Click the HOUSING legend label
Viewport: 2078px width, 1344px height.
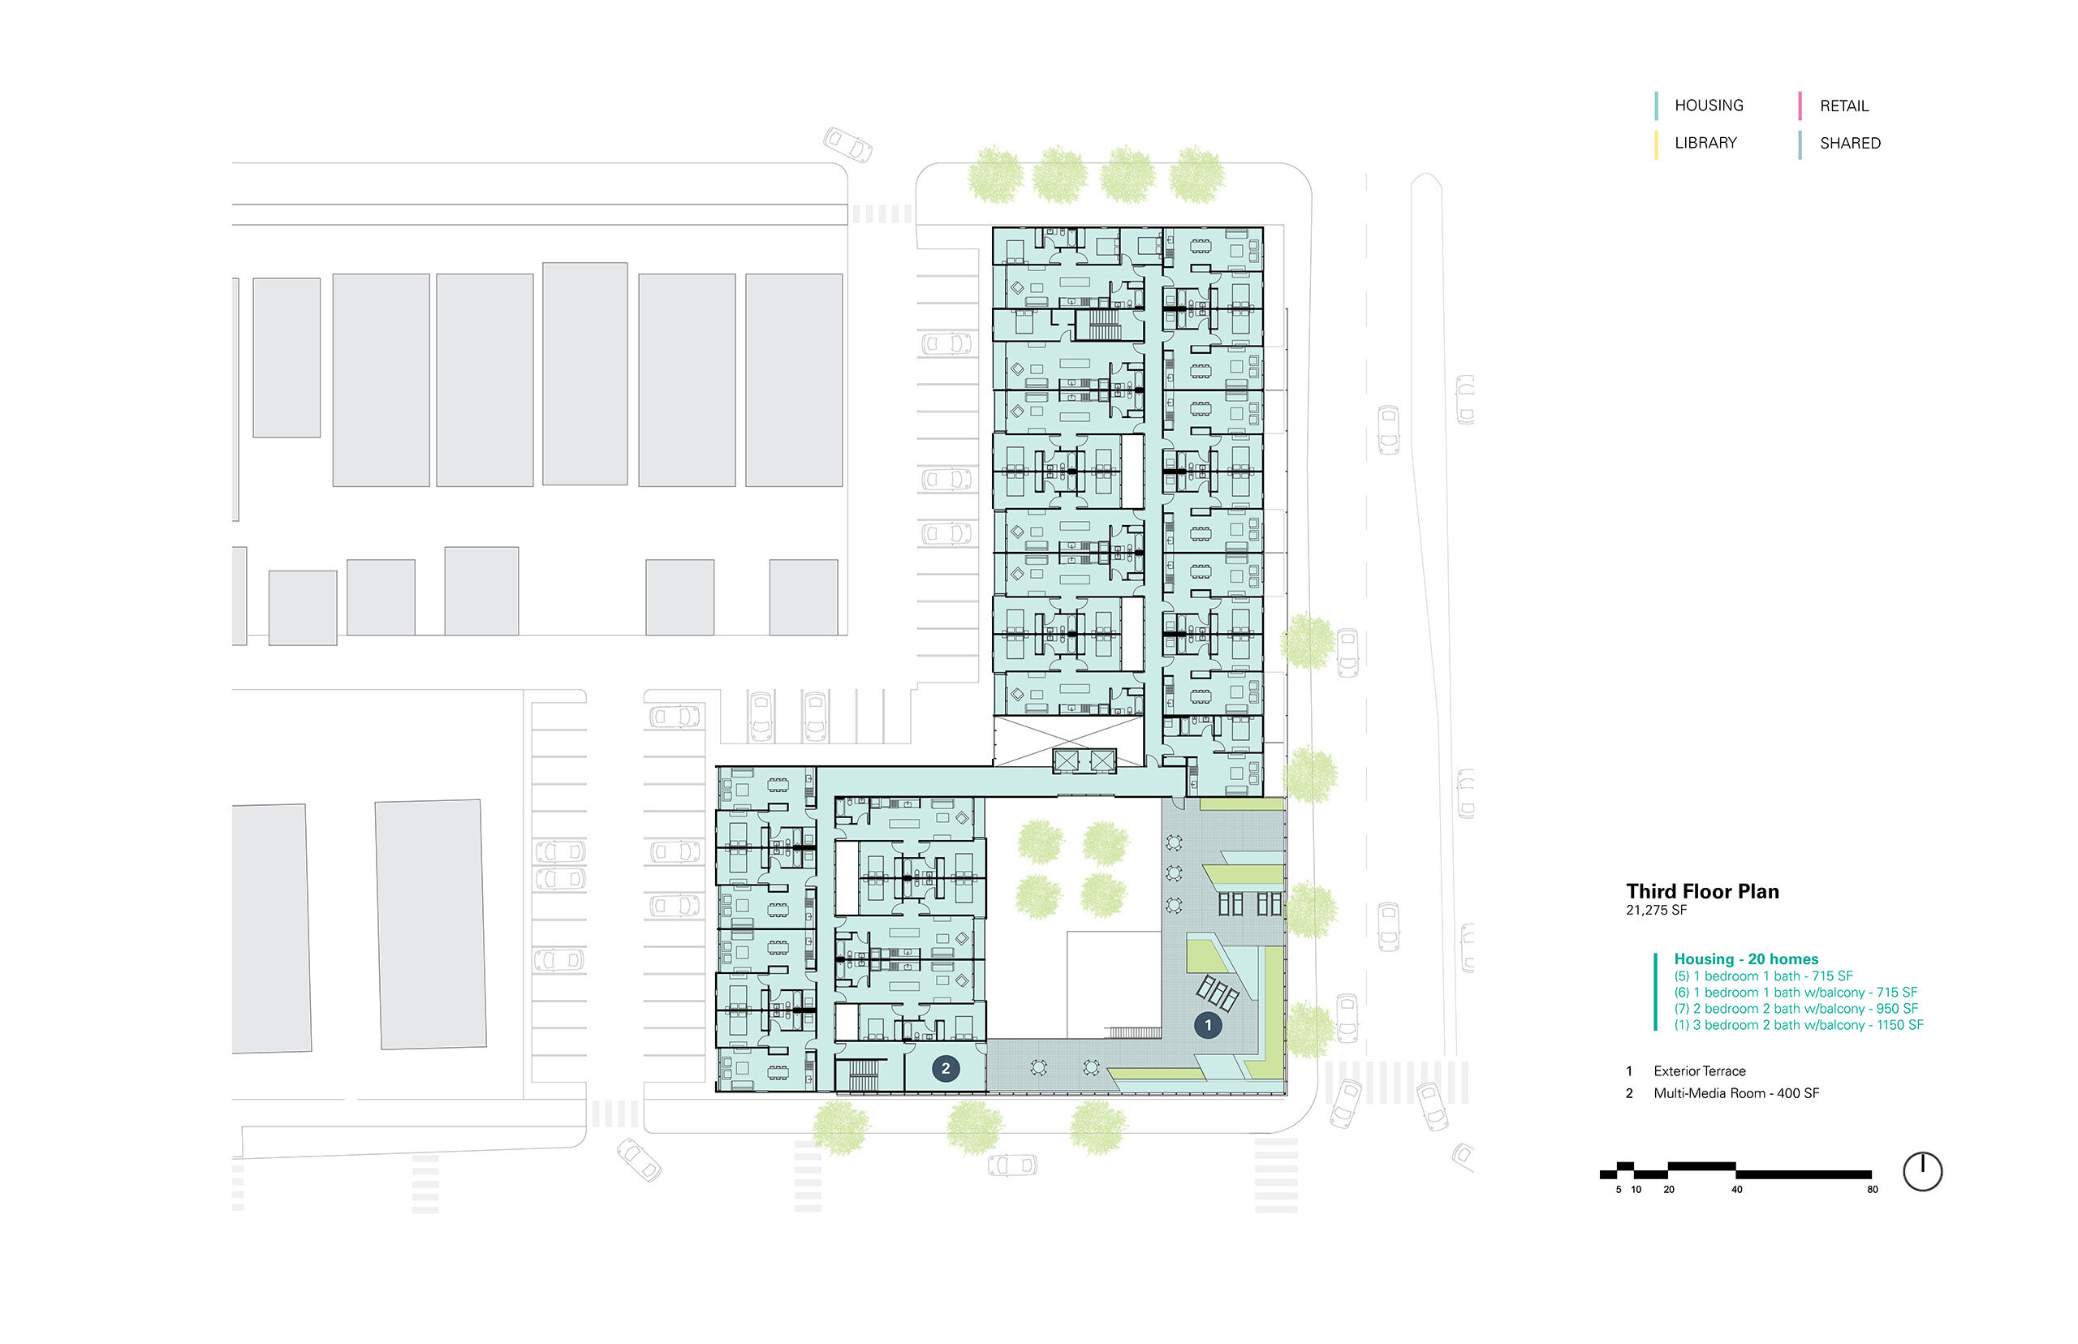point(1708,106)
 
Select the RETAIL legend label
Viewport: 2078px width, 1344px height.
point(1843,106)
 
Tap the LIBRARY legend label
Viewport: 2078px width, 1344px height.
point(1705,143)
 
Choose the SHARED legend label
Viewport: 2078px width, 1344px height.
point(1849,143)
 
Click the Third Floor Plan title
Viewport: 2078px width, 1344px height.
point(1702,891)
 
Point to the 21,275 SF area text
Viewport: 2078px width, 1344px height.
point(1656,911)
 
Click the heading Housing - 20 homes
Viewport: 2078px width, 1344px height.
point(1745,959)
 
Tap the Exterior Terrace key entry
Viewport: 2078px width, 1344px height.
point(1699,1070)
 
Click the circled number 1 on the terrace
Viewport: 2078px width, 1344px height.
point(1208,1024)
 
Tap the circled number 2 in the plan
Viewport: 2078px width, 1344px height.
point(945,1068)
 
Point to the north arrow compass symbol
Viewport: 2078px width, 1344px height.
point(1922,1171)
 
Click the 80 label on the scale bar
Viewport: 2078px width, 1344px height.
point(1872,1190)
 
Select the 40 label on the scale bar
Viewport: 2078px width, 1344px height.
point(1737,1190)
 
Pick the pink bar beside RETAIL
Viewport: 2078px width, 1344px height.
point(1800,106)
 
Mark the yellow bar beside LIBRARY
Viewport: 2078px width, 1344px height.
point(1656,144)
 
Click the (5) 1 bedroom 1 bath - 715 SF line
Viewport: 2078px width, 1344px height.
point(1763,976)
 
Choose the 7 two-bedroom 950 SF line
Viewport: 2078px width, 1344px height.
point(1796,1008)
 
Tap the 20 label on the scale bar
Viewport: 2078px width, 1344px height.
point(1669,1190)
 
